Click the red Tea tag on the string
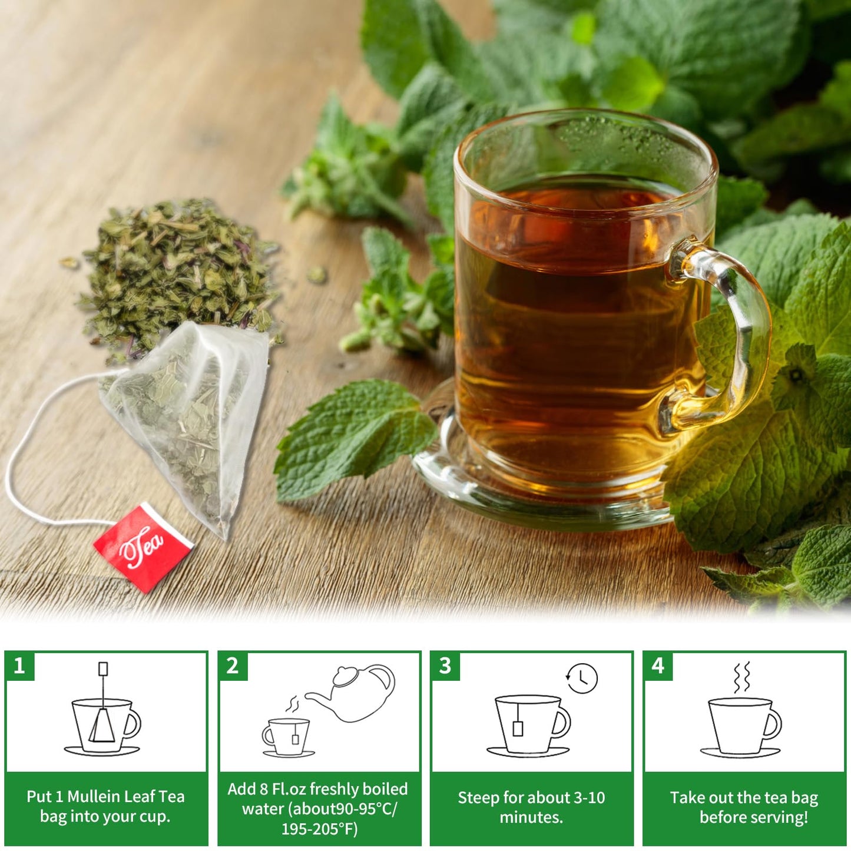[143, 547]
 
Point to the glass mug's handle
[730, 336]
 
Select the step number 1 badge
[19, 666]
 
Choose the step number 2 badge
[232, 666]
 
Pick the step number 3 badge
[445, 666]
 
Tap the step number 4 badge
[657, 666]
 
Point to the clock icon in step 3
[582, 678]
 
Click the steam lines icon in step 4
[742, 677]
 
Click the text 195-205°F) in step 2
[319, 829]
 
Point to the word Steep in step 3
[478, 797]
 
